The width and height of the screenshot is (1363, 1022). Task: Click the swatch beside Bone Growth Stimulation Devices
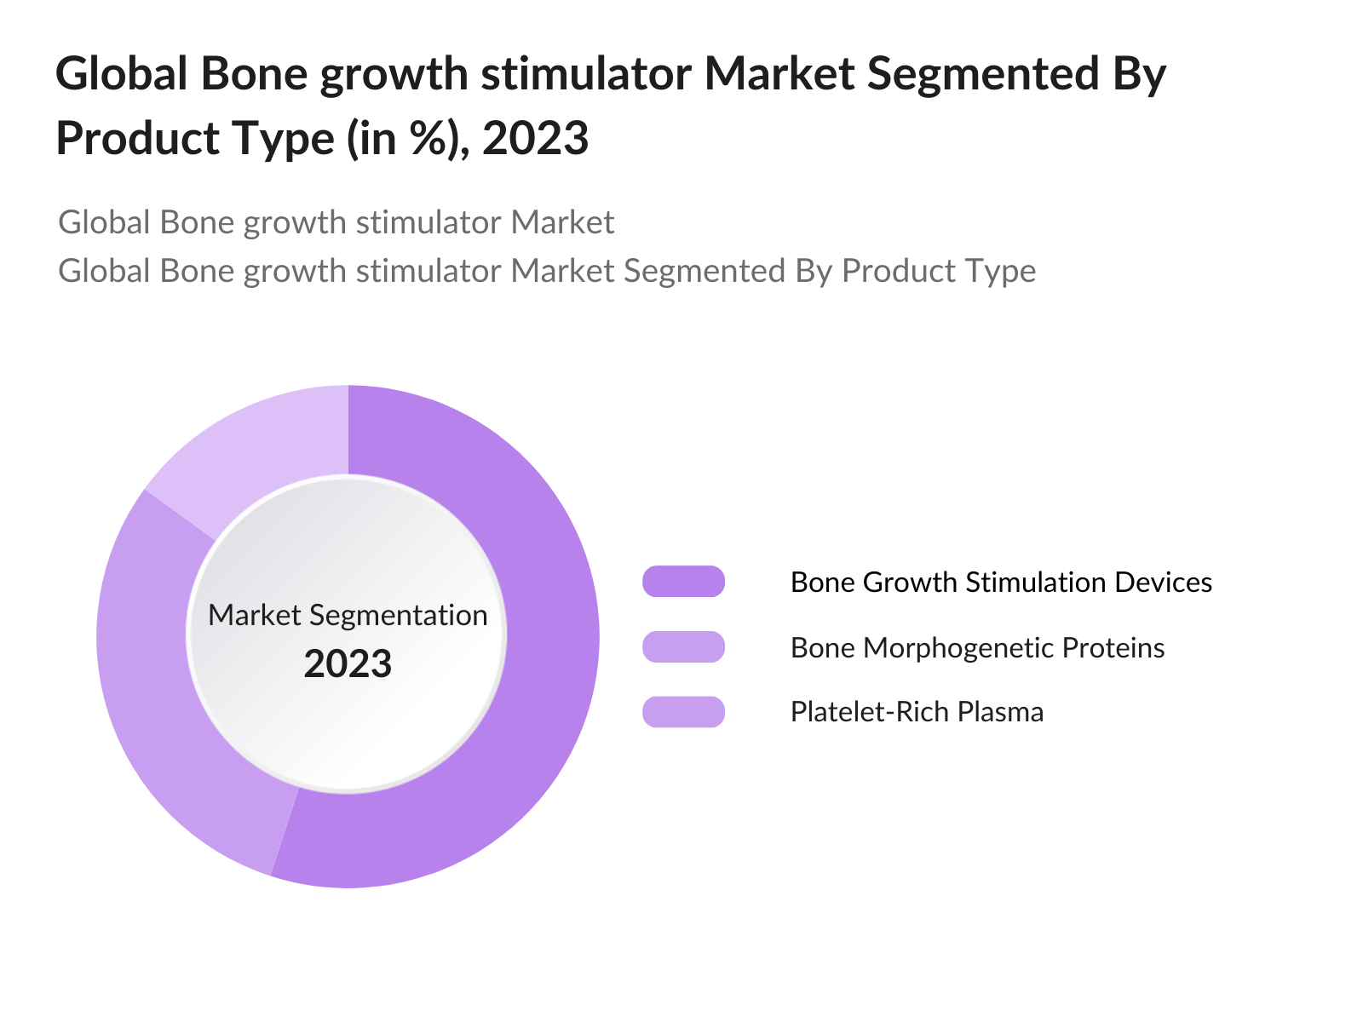(x=683, y=582)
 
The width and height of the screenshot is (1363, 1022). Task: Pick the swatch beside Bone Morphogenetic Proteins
(x=683, y=647)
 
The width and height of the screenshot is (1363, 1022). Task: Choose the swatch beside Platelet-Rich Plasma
(x=683, y=711)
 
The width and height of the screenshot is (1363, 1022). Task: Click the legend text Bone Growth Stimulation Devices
(x=1001, y=582)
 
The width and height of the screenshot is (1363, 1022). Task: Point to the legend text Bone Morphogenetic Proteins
(x=977, y=647)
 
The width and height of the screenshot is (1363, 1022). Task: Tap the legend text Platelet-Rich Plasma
(x=917, y=711)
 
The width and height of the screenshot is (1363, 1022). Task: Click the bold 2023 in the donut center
(x=348, y=664)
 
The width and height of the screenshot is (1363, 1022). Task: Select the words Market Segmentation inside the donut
(x=348, y=615)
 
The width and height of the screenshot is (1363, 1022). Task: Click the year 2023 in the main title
(x=535, y=138)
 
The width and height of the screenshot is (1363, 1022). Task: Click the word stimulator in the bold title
(x=587, y=74)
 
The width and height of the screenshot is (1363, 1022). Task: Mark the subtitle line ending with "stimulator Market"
(x=336, y=222)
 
